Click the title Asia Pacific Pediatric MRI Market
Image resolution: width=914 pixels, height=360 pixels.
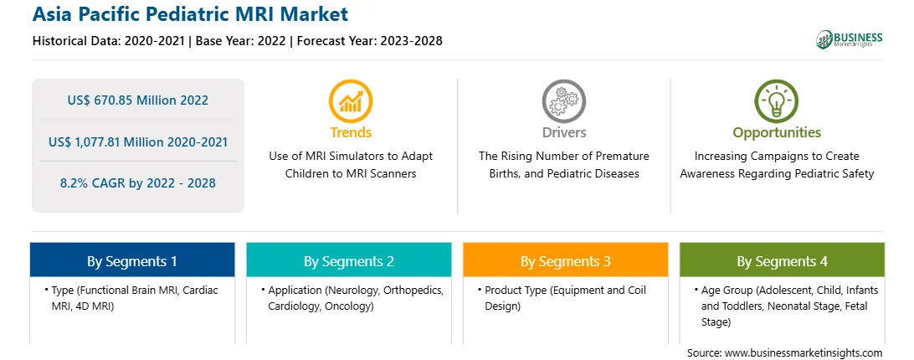(190, 14)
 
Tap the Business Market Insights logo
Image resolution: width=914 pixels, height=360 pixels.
(849, 39)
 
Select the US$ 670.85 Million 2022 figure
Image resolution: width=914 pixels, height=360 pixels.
(137, 100)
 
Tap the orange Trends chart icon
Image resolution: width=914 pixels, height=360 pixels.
(351, 101)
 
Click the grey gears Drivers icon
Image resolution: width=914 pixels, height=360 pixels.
(563, 101)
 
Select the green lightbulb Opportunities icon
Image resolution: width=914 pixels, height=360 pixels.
(777, 101)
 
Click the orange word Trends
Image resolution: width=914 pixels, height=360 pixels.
(351, 132)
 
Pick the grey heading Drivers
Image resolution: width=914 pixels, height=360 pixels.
(563, 132)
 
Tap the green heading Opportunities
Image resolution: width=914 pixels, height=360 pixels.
(777, 133)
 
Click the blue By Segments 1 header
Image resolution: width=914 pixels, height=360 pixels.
(132, 260)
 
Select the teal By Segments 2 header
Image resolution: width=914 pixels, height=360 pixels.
(348, 260)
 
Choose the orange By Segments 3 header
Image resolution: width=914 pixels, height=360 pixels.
(566, 260)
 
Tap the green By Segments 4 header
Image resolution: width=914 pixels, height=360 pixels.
(783, 260)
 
